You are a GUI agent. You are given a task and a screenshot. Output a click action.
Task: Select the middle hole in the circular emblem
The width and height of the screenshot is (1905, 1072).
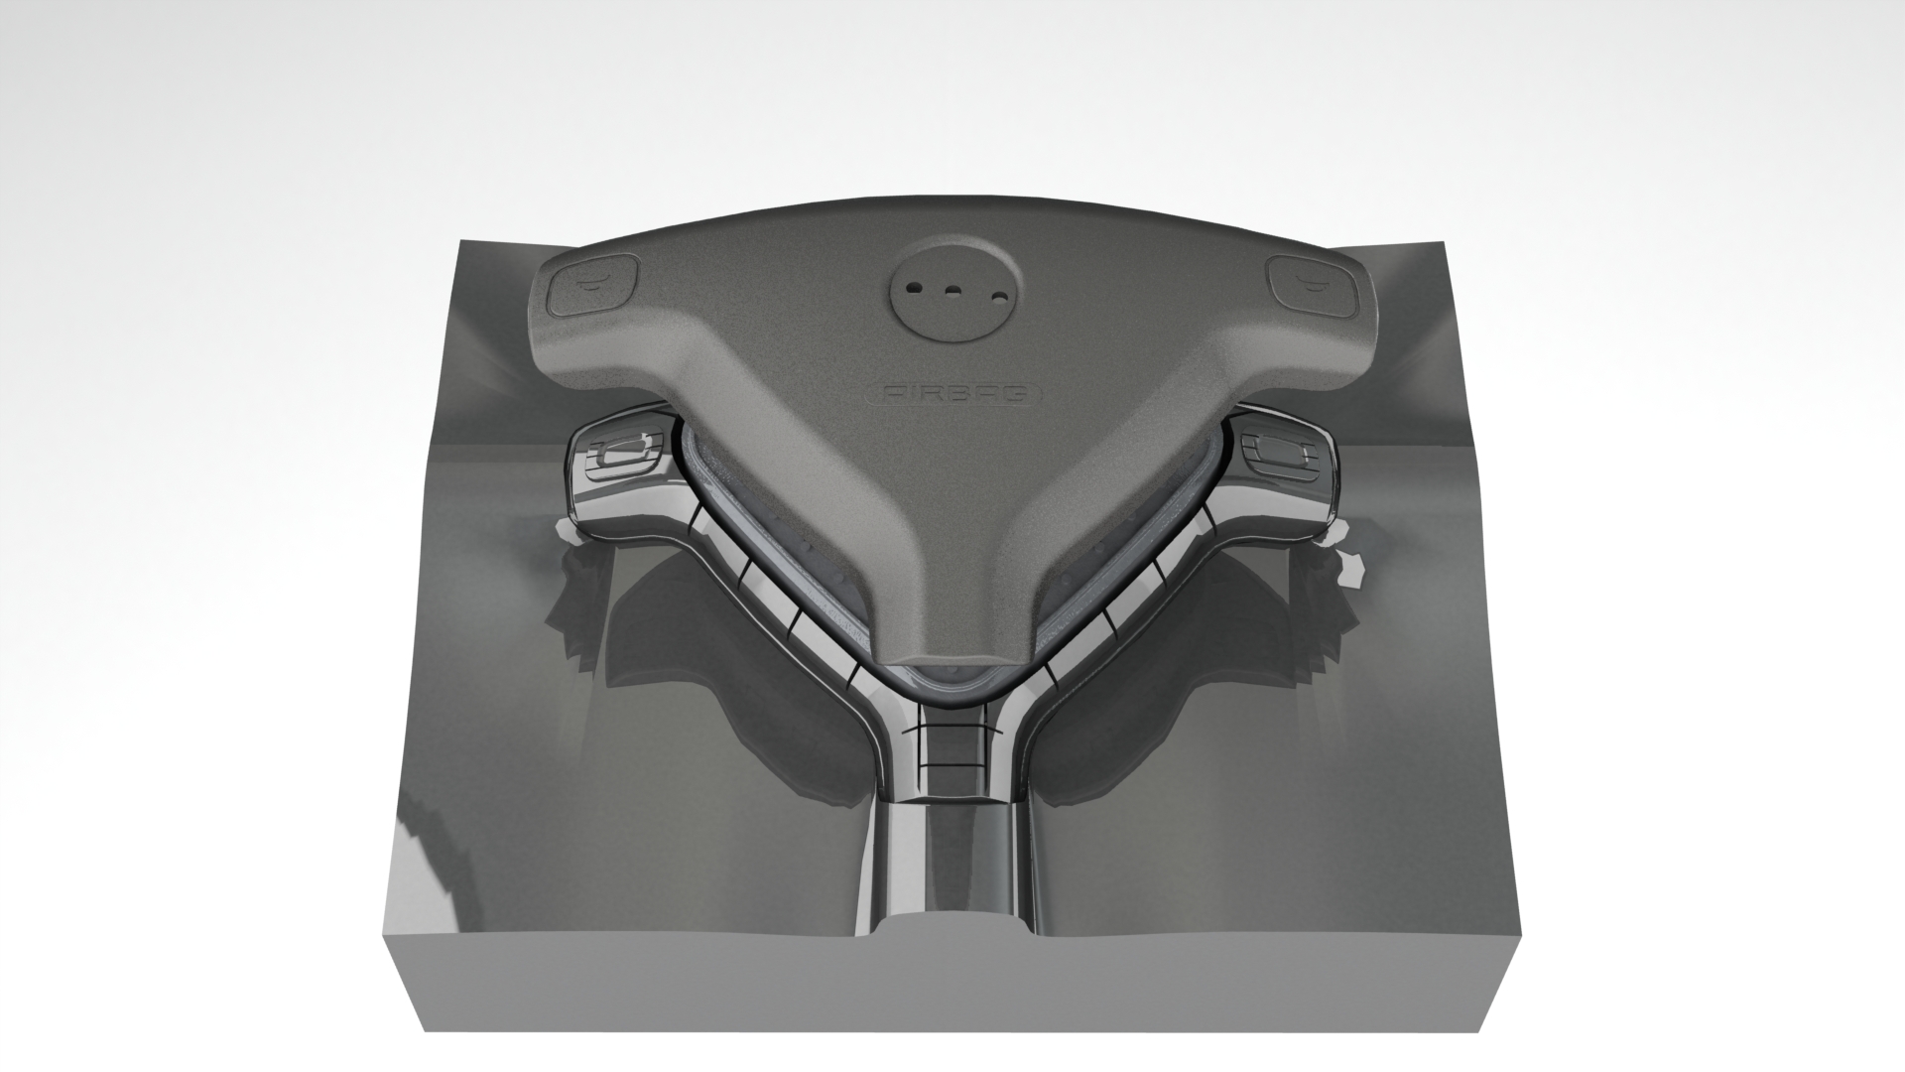click(x=952, y=291)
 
